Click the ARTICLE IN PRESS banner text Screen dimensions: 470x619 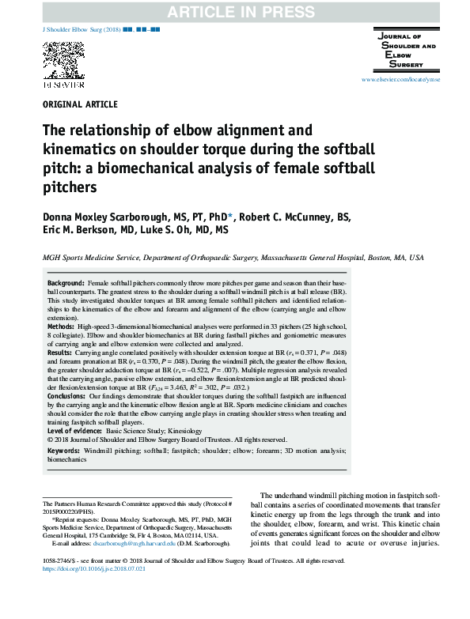point(235,10)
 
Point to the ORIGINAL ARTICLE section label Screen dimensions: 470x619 point(79,104)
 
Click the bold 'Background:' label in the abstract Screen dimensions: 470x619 point(66,283)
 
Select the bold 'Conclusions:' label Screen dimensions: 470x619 point(70,407)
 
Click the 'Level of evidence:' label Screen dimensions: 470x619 point(75,431)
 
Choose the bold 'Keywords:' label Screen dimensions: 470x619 point(64,451)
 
